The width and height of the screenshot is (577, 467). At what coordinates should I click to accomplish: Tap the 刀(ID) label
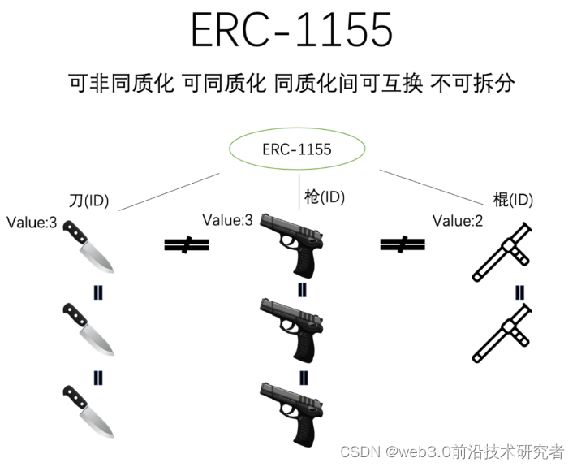[91, 200]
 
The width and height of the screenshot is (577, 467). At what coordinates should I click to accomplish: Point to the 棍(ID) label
[513, 200]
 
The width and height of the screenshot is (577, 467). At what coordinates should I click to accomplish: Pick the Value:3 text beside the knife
[32, 222]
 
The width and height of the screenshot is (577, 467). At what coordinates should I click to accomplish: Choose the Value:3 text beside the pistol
[227, 220]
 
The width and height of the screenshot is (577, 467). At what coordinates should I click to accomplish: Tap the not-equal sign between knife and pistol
[186, 244]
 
